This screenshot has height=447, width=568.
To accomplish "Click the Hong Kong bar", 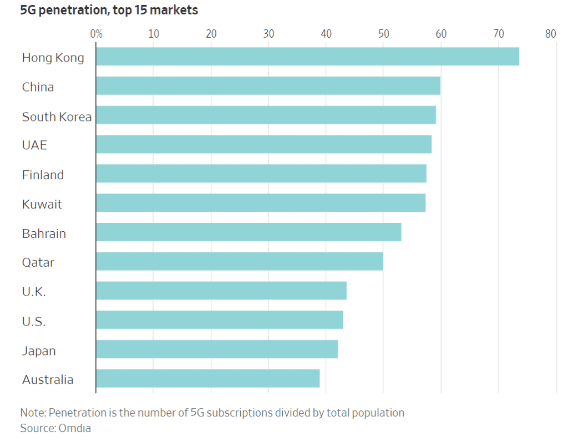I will [x=307, y=57].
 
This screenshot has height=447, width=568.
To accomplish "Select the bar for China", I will [x=268, y=87].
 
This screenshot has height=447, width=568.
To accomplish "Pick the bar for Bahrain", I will [x=248, y=233].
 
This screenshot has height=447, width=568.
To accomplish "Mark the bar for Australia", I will [x=207, y=379].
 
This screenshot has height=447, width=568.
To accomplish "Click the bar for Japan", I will [x=217, y=350].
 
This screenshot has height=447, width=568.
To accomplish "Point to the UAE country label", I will [x=34, y=146].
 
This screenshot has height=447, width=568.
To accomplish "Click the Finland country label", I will [x=43, y=175].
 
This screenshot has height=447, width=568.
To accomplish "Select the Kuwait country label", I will [x=42, y=205].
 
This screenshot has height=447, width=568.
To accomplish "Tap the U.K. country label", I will [x=34, y=292].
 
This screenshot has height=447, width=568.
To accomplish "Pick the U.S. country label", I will [x=34, y=322].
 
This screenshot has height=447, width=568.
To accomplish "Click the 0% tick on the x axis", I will [x=97, y=34].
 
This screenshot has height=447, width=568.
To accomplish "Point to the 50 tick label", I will [x=383, y=34].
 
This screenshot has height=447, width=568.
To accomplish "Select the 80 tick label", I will [x=550, y=34].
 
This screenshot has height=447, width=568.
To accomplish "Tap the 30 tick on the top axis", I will [x=268, y=34].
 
